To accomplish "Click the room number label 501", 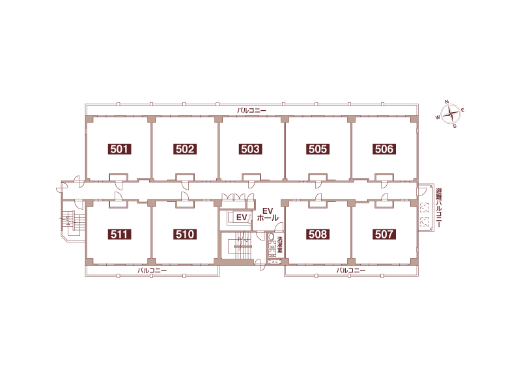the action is tap(119, 149).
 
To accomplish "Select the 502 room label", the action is tap(185, 149).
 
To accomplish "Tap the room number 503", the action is tap(251, 149).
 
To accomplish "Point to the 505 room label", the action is tap(318, 149).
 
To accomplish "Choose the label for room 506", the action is tap(384, 149).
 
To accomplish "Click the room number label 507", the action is tap(384, 234).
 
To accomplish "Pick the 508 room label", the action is tap(318, 234).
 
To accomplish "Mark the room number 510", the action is tap(185, 234).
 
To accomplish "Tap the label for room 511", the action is tap(119, 234).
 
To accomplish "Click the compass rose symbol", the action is tap(451, 114).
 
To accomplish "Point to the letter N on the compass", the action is tap(447, 102).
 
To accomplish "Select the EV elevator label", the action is tap(242, 218).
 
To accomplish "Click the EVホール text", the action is tap(268, 214).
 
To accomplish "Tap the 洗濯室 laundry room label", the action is tap(280, 244).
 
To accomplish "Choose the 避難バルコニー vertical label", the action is tap(439, 208).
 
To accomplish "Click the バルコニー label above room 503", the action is tap(251, 110).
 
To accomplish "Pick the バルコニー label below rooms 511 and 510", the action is tap(152, 270).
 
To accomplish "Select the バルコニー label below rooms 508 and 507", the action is tap(351, 270).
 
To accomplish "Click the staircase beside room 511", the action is tap(74, 222).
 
